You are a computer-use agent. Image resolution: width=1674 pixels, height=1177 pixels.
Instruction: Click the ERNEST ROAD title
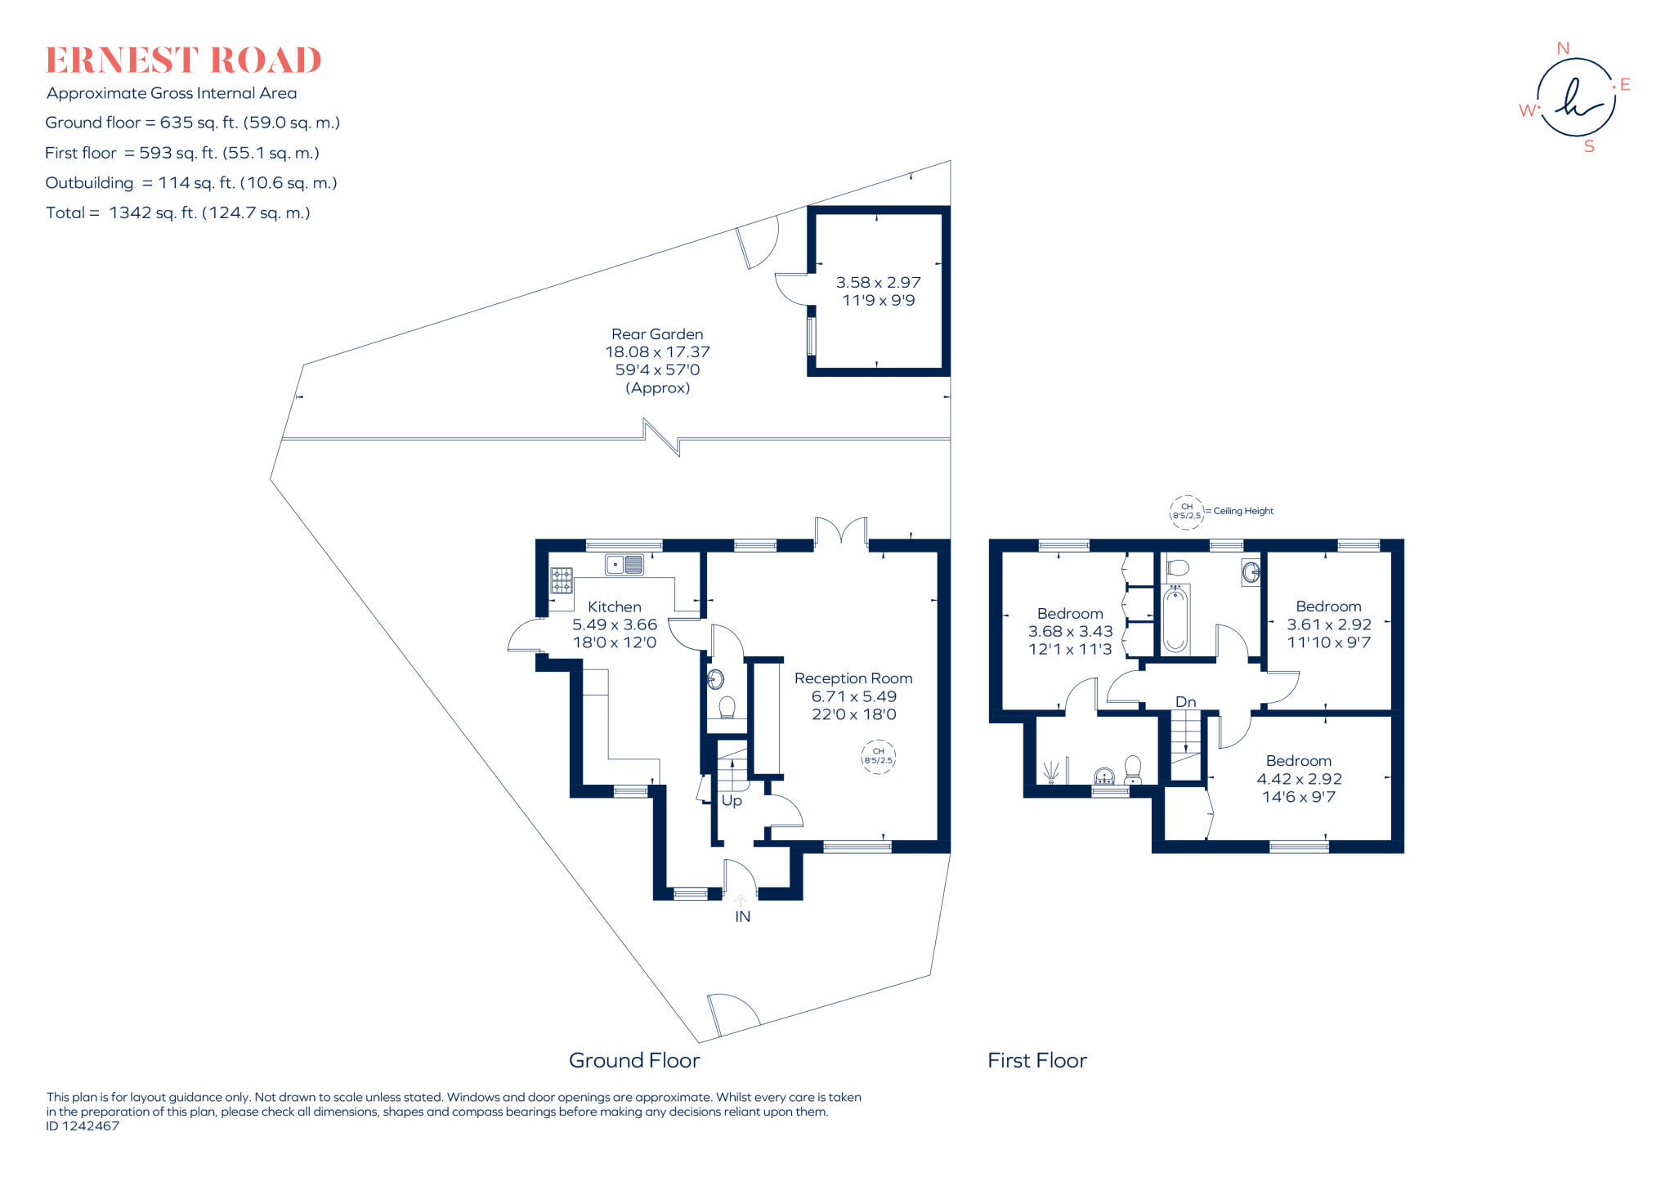click(x=183, y=60)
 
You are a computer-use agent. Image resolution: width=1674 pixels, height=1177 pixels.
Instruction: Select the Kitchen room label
click(x=614, y=607)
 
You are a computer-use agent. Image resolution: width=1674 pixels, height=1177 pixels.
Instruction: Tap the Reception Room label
click(x=853, y=678)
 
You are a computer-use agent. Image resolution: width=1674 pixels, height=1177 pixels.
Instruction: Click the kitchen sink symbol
click(x=624, y=564)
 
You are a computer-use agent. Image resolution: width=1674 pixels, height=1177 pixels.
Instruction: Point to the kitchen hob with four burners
click(x=562, y=580)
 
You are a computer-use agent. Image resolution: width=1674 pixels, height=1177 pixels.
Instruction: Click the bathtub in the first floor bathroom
click(x=1175, y=619)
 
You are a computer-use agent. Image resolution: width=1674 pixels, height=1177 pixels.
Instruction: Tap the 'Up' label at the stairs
click(x=732, y=801)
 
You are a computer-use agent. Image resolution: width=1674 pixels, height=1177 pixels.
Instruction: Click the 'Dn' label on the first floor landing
click(x=1185, y=702)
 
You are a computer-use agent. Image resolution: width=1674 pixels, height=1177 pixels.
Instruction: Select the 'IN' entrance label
click(x=742, y=916)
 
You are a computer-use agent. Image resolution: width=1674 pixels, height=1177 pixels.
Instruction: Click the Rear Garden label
click(x=657, y=334)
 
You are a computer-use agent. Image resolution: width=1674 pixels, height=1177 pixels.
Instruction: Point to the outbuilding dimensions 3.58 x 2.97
click(x=878, y=283)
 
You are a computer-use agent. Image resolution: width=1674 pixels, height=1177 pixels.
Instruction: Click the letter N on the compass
click(x=1563, y=48)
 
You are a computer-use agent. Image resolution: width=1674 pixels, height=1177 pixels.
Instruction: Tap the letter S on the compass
click(x=1589, y=147)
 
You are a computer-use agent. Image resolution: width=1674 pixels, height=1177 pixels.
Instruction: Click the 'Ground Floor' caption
click(x=634, y=1060)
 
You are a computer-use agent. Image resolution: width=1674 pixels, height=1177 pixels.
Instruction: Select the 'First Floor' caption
click(x=1036, y=1060)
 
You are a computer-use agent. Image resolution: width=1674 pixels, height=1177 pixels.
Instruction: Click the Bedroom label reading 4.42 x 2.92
click(x=1299, y=762)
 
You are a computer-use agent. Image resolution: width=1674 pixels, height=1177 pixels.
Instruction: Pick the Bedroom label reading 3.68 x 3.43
click(x=1070, y=614)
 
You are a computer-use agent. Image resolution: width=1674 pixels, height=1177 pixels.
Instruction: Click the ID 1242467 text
click(x=83, y=1126)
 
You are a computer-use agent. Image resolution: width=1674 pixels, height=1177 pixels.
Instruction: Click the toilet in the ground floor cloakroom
click(x=727, y=706)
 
